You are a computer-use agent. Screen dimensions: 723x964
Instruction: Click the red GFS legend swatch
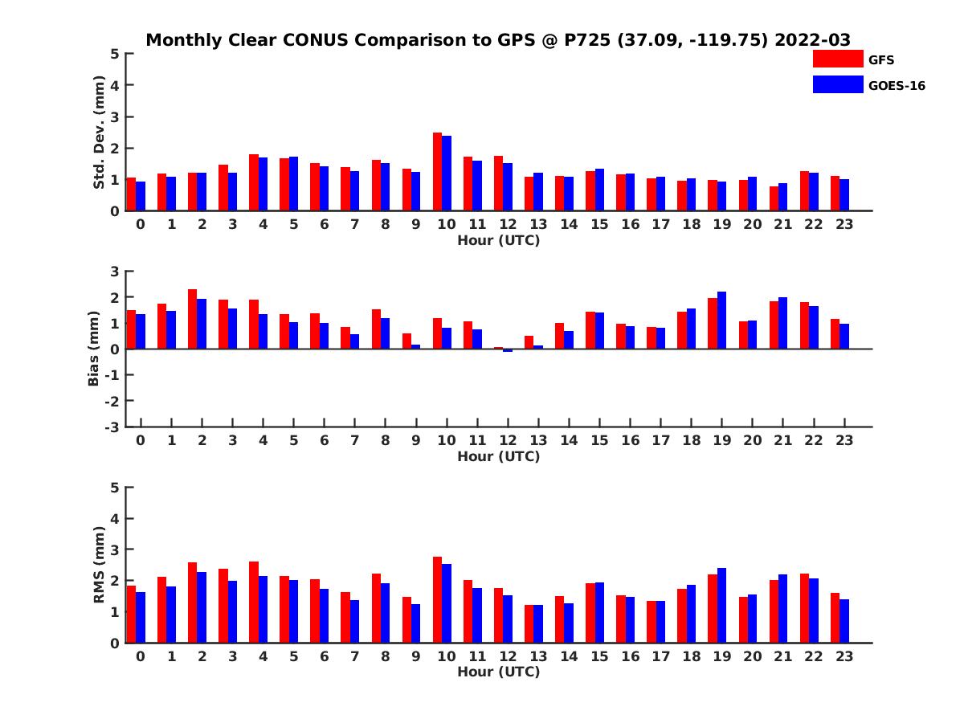point(838,59)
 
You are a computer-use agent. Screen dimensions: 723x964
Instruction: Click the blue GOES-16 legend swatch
point(838,84)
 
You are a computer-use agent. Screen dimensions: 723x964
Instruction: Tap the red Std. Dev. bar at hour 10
point(438,172)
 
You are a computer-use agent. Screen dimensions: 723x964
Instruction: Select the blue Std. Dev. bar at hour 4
point(263,184)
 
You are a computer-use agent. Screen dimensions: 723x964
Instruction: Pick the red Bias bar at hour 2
point(192,319)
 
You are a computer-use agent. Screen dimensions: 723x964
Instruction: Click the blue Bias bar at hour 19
point(721,321)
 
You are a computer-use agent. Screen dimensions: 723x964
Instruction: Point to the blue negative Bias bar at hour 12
point(508,350)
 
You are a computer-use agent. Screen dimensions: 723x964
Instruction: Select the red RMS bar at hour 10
point(438,599)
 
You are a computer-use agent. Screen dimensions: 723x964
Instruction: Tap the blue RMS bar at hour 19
point(721,605)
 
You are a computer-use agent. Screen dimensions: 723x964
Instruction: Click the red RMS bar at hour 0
point(131,614)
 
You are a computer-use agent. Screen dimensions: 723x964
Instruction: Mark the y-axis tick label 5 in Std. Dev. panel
point(116,54)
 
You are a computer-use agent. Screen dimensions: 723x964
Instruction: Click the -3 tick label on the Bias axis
point(112,427)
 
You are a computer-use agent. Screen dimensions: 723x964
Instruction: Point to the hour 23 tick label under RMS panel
point(844,656)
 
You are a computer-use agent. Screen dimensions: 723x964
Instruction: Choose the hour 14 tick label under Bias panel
point(569,440)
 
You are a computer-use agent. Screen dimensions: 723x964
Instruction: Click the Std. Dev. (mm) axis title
point(100,132)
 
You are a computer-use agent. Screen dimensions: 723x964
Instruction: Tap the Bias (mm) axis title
point(94,349)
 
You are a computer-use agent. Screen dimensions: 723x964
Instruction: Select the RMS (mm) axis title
point(100,565)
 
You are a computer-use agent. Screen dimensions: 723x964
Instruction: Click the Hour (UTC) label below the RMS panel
point(498,672)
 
